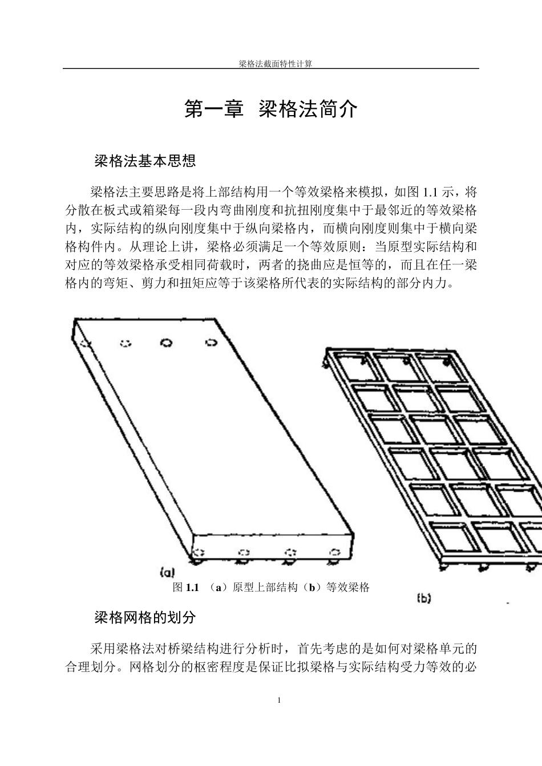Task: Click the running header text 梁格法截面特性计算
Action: pyautogui.click(x=275, y=64)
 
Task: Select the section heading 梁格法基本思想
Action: pyautogui.click(x=145, y=161)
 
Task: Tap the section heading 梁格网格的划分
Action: pyautogui.click(x=145, y=617)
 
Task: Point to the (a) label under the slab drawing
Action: pyautogui.click(x=167, y=572)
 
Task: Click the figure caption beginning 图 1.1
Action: pyautogui.click(x=272, y=588)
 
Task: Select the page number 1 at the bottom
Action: pyautogui.click(x=279, y=700)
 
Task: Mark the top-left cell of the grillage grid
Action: pyautogui.click(x=353, y=366)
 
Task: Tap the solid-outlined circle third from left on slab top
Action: pyautogui.click(x=167, y=343)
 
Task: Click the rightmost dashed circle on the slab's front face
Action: pyautogui.click(x=334, y=552)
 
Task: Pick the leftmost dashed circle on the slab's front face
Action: pyautogui.click(x=200, y=552)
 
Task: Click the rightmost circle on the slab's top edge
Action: pyautogui.click(x=211, y=343)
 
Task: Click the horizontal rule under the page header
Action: pyautogui.click(x=271, y=69)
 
